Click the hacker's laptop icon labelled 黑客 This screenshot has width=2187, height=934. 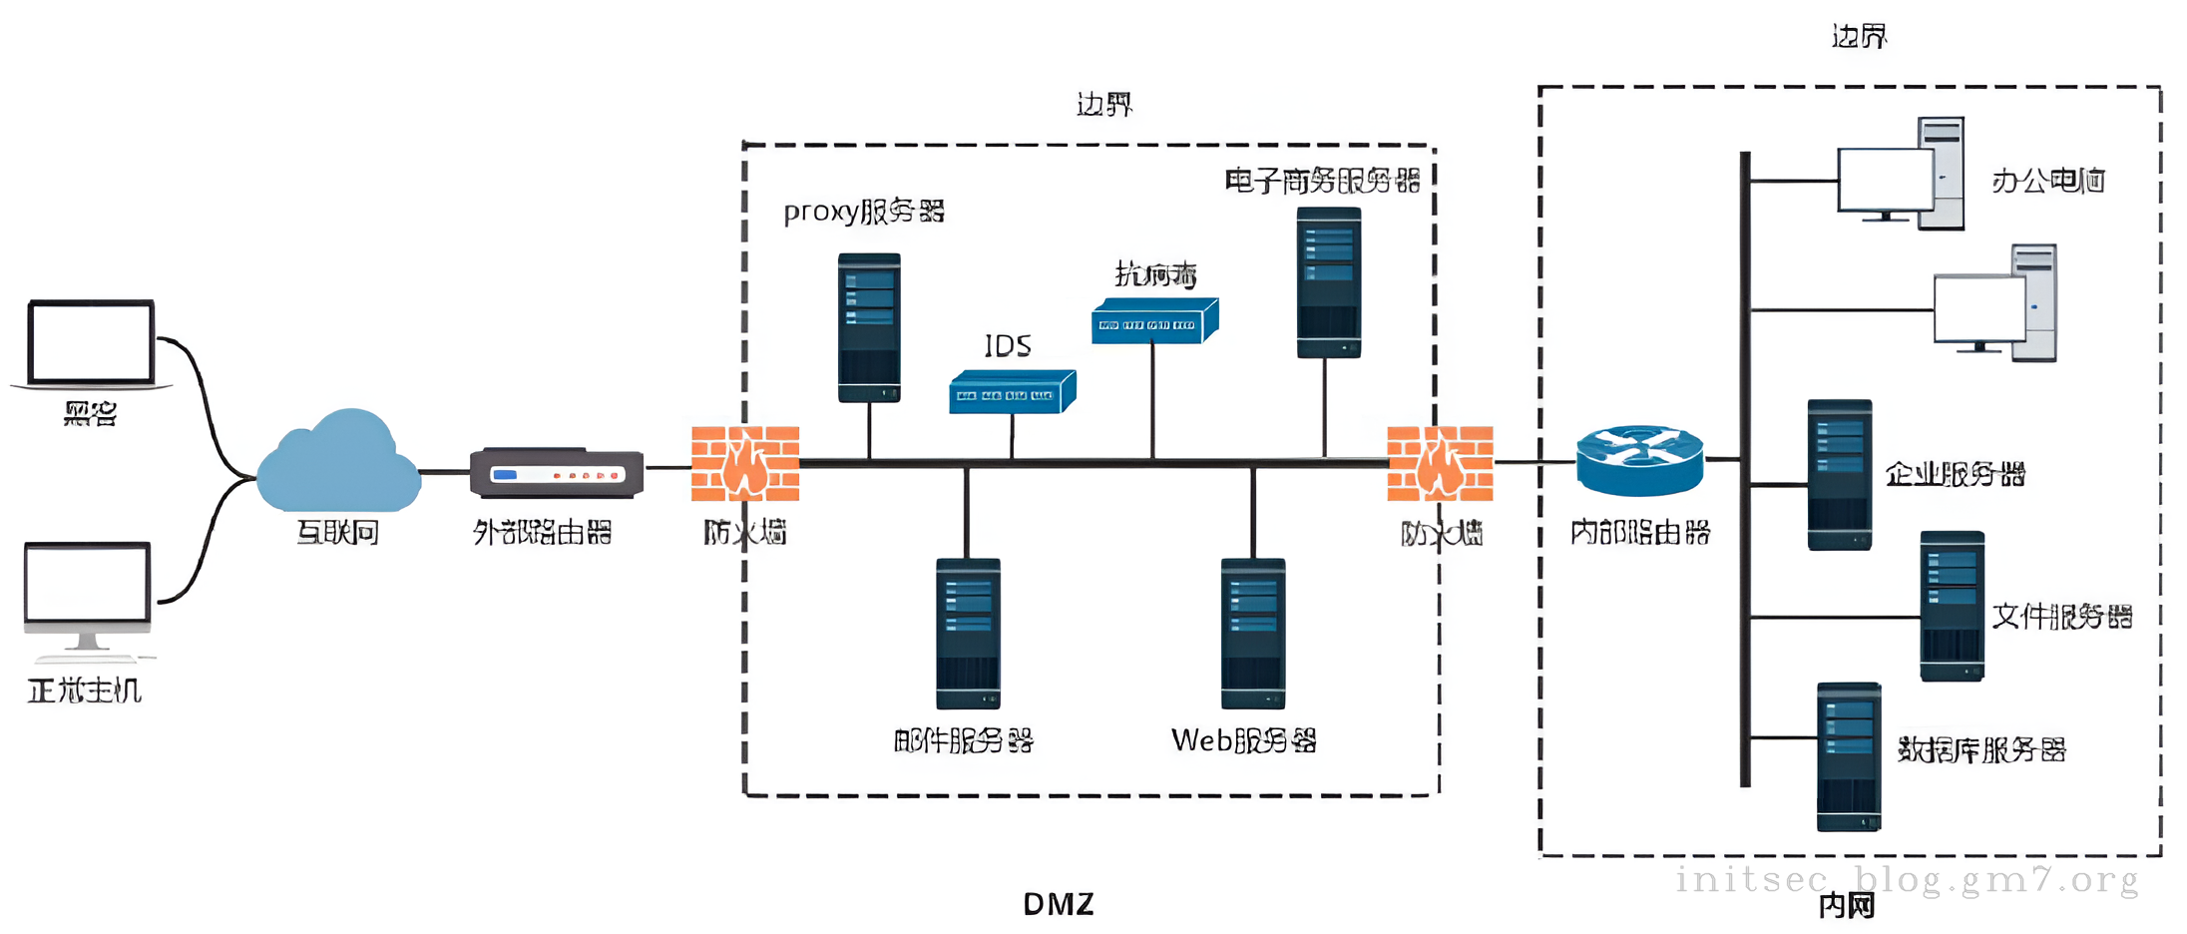91,343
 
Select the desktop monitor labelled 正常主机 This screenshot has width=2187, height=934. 88,589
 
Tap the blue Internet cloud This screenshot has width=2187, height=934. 338,463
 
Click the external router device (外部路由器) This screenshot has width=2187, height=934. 557,473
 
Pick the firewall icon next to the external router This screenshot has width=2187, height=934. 745,463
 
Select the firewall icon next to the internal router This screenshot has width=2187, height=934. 1440,463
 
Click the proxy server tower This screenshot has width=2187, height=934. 869,327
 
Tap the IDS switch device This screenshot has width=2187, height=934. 1012,392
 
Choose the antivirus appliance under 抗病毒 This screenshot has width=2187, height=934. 1154,321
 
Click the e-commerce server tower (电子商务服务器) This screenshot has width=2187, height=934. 1328,281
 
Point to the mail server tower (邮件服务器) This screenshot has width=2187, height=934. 968,633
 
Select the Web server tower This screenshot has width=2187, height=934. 1253,633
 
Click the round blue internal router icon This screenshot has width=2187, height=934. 1639,460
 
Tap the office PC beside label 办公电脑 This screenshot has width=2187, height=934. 1901,175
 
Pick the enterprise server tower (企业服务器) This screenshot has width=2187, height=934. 1839,474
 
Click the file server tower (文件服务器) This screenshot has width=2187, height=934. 1952,606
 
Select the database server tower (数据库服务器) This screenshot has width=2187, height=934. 1848,756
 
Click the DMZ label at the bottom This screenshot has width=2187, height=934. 1059,904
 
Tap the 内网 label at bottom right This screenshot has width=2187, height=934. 1846,905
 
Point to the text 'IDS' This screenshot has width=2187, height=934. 1008,345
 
